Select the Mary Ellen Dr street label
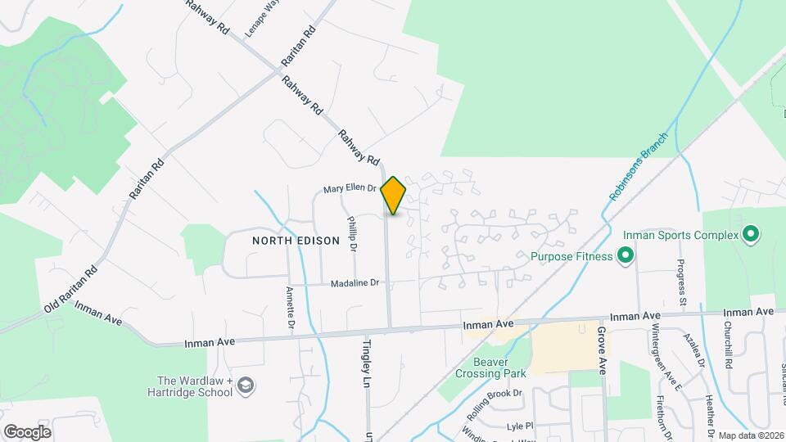349,189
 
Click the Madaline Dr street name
355,283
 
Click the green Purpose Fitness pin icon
626,257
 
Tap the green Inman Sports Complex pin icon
750,236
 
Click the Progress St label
681,283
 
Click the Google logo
27,431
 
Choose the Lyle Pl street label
519,426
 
